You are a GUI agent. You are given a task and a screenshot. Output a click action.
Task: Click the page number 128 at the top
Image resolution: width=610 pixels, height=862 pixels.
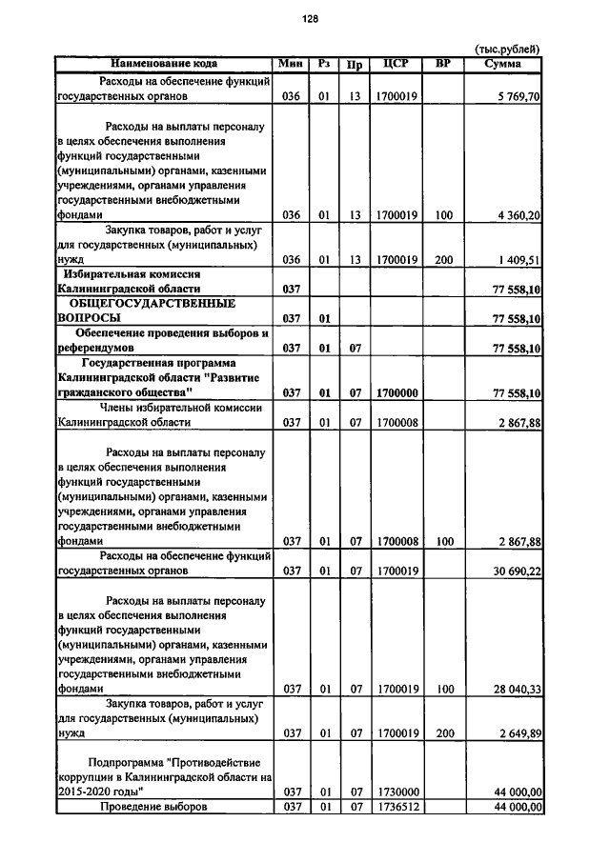[x=309, y=19]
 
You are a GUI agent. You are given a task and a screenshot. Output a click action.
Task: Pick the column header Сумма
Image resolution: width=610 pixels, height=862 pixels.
[x=502, y=64]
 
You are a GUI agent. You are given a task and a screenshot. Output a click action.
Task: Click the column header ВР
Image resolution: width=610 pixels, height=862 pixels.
[x=442, y=64]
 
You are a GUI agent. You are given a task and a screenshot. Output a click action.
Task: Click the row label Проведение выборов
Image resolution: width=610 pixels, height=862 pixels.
[x=154, y=807]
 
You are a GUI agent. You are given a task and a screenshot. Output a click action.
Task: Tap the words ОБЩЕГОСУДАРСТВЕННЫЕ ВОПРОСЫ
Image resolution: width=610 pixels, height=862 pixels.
[x=152, y=311]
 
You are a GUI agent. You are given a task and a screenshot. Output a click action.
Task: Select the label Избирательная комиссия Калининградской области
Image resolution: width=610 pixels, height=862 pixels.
[x=143, y=280]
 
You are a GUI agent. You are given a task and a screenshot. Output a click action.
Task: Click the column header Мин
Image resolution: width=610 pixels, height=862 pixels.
[x=292, y=64]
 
